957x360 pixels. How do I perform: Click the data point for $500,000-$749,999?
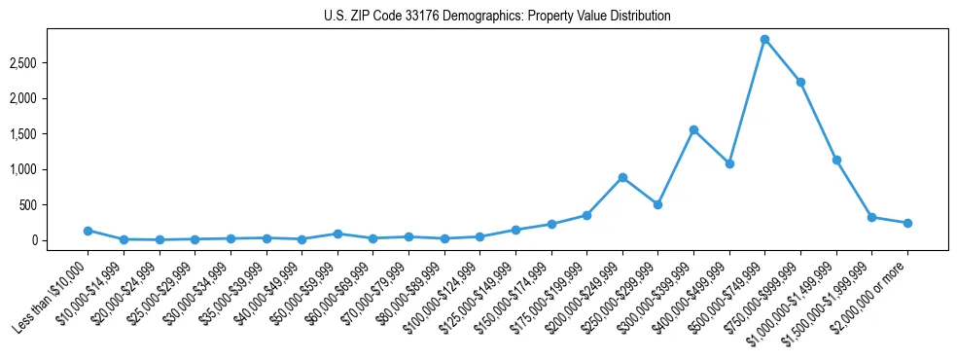(x=764, y=39)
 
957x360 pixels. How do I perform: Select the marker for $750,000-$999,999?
(x=800, y=82)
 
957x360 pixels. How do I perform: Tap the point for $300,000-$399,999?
(x=693, y=129)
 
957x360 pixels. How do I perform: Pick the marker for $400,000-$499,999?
(x=729, y=163)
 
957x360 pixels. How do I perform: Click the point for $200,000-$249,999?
(x=622, y=177)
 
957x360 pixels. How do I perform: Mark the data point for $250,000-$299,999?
(x=657, y=204)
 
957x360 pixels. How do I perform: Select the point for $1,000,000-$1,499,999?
(x=836, y=160)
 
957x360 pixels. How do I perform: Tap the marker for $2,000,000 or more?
(x=907, y=223)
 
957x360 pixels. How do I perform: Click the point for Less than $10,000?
(x=88, y=231)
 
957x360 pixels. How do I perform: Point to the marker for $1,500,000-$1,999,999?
(x=871, y=217)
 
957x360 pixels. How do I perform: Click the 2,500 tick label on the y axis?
(x=50, y=63)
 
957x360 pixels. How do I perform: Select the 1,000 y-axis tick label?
(x=50, y=169)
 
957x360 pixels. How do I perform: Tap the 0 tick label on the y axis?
(x=60, y=240)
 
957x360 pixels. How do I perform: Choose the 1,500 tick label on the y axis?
(x=50, y=134)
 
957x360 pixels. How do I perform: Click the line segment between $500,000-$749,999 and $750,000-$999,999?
(x=783, y=60)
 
